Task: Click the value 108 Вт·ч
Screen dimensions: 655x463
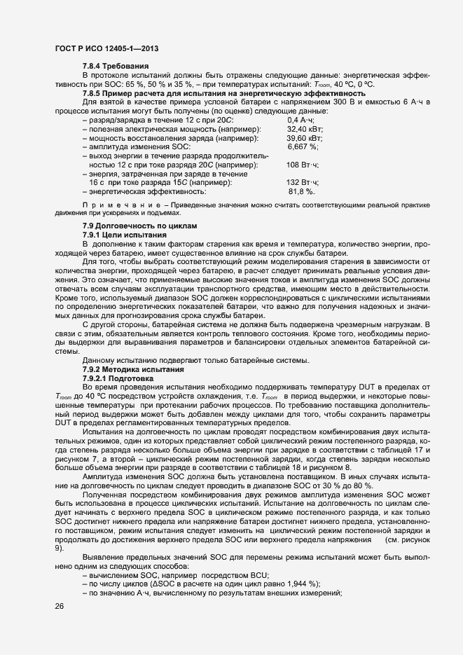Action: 303,165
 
